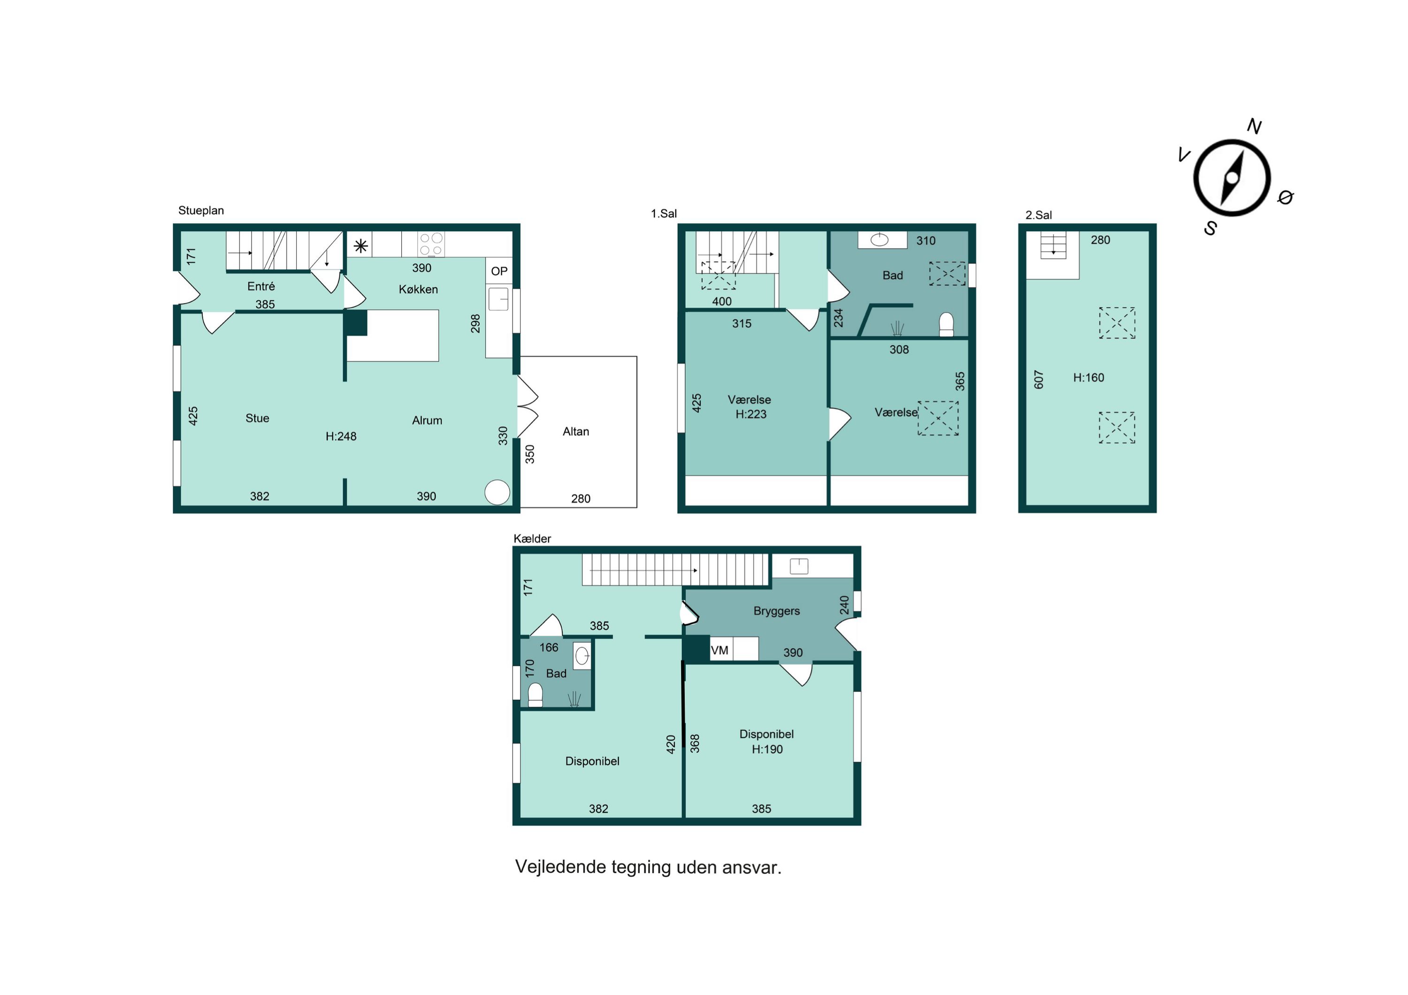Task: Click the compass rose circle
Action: pos(1194,178)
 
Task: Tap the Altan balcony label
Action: pos(576,432)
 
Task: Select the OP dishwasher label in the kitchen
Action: pos(499,271)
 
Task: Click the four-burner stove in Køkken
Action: pos(431,244)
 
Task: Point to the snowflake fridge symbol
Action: pos(360,246)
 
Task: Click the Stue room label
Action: pos(258,418)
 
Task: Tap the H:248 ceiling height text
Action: pos(341,436)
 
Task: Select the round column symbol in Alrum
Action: pos(497,492)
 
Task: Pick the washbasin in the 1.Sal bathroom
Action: pos(880,240)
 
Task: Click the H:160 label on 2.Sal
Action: pos(1088,378)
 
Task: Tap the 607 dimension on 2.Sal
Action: pos(1039,380)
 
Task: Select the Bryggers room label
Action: pos(776,611)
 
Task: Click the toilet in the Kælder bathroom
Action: pos(536,695)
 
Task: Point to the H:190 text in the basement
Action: pos(767,749)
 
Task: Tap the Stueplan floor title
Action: pos(201,210)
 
